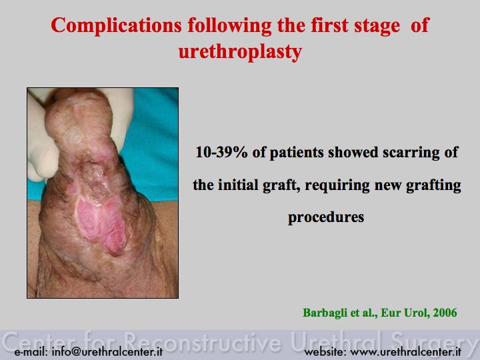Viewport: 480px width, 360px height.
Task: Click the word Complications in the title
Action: (x=116, y=26)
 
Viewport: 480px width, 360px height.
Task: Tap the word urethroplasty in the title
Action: (x=240, y=51)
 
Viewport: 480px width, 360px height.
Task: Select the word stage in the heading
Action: (x=377, y=26)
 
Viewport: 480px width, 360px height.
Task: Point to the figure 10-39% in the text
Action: (x=221, y=152)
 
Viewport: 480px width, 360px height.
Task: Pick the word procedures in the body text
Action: (x=326, y=217)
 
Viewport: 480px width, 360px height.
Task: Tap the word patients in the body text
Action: (x=296, y=153)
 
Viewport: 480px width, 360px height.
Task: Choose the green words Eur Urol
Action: (x=404, y=313)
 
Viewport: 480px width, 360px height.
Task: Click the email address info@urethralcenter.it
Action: (x=107, y=351)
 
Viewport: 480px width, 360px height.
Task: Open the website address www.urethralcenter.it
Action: (x=405, y=351)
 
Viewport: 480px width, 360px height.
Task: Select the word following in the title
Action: (x=229, y=26)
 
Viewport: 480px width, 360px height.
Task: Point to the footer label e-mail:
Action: (x=31, y=352)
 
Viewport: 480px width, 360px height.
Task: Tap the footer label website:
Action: (x=325, y=351)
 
